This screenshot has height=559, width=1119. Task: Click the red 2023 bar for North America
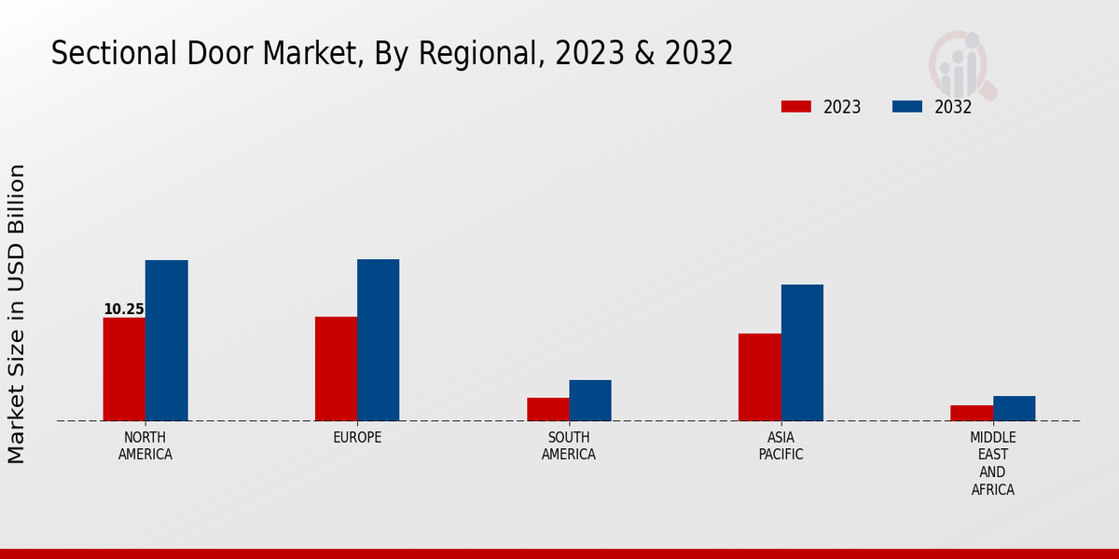tap(124, 369)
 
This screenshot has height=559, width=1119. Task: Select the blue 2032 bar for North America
tap(166, 340)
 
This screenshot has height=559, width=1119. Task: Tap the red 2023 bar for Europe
tap(336, 369)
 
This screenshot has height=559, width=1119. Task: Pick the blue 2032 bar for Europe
tap(378, 340)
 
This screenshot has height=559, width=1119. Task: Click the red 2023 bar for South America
tap(547, 409)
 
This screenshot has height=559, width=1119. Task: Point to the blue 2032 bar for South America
tap(590, 401)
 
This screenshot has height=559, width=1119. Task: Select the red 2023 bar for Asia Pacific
tap(759, 377)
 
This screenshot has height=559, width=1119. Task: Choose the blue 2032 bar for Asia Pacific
tap(802, 352)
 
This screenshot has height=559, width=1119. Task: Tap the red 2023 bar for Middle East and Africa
tap(972, 413)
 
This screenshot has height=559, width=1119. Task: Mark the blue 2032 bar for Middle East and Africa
tap(1014, 408)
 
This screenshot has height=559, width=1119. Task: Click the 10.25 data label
tap(123, 309)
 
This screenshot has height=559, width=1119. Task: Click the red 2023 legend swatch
tap(795, 107)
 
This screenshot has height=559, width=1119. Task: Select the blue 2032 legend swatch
tap(906, 107)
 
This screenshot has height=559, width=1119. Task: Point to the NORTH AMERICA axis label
tap(145, 446)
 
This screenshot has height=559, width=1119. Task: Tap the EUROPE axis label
tap(357, 438)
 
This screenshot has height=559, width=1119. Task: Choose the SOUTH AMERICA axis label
tap(569, 446)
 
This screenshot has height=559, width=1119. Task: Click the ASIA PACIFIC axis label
tap(781, 446)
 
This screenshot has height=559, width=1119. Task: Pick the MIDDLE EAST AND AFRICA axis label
tap(993, 464)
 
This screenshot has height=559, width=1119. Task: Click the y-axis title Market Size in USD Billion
tap(17, 314)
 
